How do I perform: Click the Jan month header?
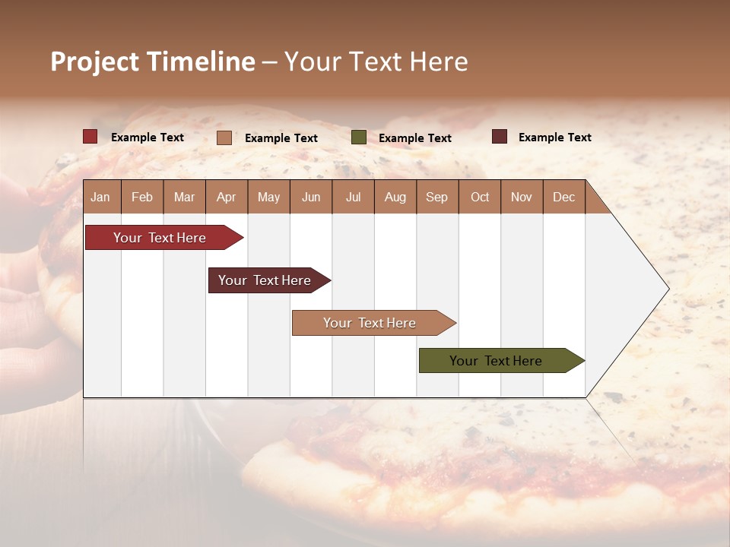101,197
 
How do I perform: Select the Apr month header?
227,197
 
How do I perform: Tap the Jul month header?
354,197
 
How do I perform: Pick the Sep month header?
437,197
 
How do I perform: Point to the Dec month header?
564,197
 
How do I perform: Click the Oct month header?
480,197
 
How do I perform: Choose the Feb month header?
142,197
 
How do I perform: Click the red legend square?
90,137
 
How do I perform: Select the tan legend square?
224,138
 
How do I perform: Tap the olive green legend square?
359,138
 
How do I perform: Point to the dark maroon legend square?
500,137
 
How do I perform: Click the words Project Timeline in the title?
153,62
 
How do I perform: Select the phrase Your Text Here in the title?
376,62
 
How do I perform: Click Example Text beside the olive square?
415,138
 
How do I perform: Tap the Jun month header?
311,197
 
